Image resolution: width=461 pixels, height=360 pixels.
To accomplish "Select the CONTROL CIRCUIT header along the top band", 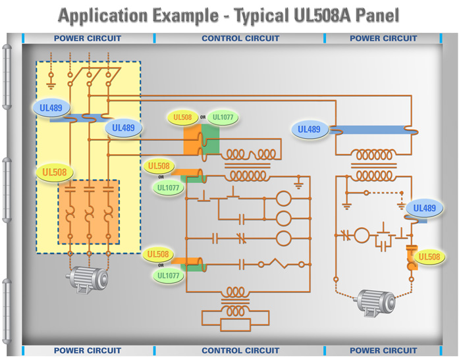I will (x=240, y=38).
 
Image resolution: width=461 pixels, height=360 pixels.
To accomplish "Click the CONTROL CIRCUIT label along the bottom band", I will (x=240, y=350).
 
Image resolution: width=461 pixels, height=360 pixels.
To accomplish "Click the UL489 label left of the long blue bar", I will (x=309, y=130).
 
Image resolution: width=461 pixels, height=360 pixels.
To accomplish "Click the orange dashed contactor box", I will (x=88, y=212).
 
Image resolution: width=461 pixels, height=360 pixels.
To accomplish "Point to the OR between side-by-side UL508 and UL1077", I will (x=203, y=118).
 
